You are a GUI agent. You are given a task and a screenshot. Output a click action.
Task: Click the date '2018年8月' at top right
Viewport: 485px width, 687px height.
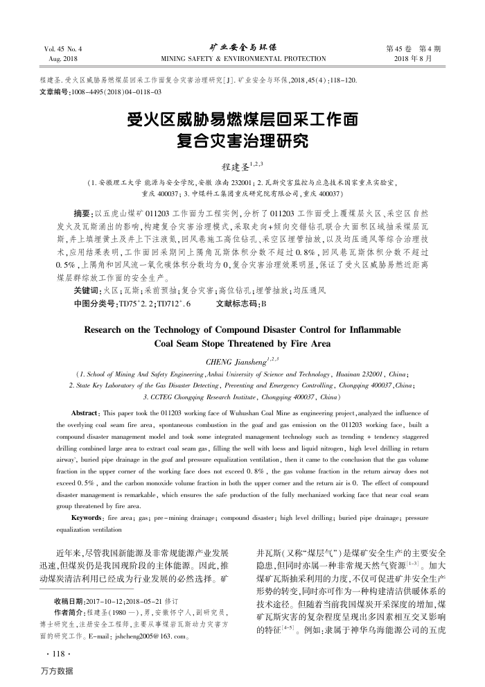(421, 60)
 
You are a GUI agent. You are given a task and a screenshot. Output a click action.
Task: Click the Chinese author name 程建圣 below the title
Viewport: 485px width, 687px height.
(236, 166)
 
